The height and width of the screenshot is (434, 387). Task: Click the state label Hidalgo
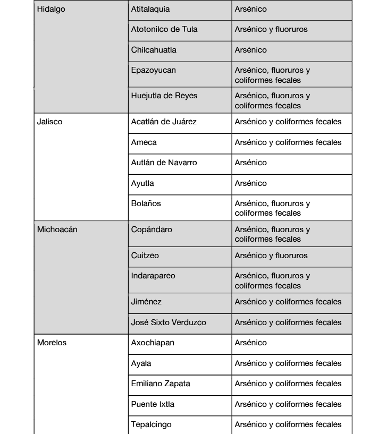pyautogui.click(x=52, y=9)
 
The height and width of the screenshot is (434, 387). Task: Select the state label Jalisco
pyautogui.click(x=50, y=122)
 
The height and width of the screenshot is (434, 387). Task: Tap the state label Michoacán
pyautogui.click(x=57, y=229)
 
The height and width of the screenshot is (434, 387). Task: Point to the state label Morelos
pyautogui.click(x=52, y=343)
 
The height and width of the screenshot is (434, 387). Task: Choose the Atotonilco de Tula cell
pyautogui.click(x=164, y=29)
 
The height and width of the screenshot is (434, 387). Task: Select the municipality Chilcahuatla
pyautogui.click(x=154, y=50)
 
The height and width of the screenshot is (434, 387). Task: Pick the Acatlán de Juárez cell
pyautogui.click(x=164, y=122)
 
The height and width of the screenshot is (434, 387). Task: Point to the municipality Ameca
pyautogui.click(x=144, y=142)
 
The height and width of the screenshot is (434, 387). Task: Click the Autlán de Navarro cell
pyautogui.click(x=164, y=163)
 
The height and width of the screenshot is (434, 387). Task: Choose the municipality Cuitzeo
pyautogui.click(x=145, y=256)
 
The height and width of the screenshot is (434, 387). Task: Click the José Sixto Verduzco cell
pyautogui.click(x=169, y=322)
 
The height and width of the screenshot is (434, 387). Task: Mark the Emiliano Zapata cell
pyautogui.click(x=161, y=384)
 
